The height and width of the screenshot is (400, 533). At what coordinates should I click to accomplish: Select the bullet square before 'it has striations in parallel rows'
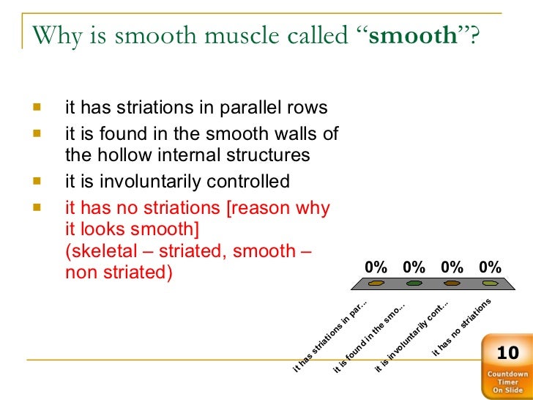point(37,107)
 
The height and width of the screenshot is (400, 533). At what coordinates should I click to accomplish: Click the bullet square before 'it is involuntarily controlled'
point(37,180)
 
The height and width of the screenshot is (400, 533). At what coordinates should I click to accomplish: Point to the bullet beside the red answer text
point(37,207)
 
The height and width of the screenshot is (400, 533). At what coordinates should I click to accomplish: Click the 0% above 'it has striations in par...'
point(376,267)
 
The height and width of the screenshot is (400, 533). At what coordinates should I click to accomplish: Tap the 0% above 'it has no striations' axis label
point(491,267)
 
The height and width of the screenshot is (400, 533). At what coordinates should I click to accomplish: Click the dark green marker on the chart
point(414,283)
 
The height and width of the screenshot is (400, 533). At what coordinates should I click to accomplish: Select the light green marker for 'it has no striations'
point(491,283)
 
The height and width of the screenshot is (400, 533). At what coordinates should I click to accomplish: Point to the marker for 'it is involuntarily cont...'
point(452,283)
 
